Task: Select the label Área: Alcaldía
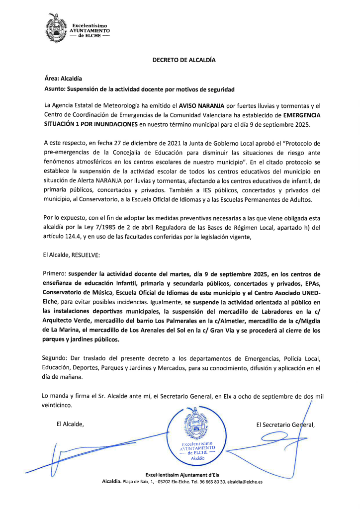(63, 79)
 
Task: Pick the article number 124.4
(70, 237)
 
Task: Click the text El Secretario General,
(285, 424)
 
